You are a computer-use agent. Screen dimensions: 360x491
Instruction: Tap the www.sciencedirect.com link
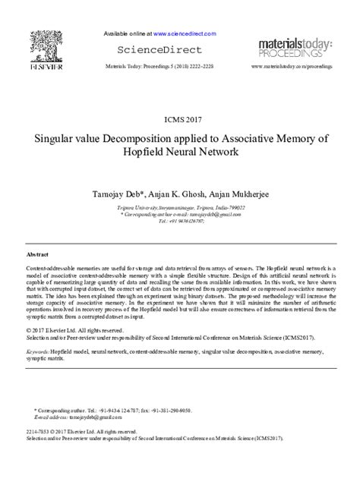(x=185, y=34)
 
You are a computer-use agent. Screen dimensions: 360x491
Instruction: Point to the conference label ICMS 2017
(x=179, y=119)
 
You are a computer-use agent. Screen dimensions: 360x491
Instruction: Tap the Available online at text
(x=126, y=34)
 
